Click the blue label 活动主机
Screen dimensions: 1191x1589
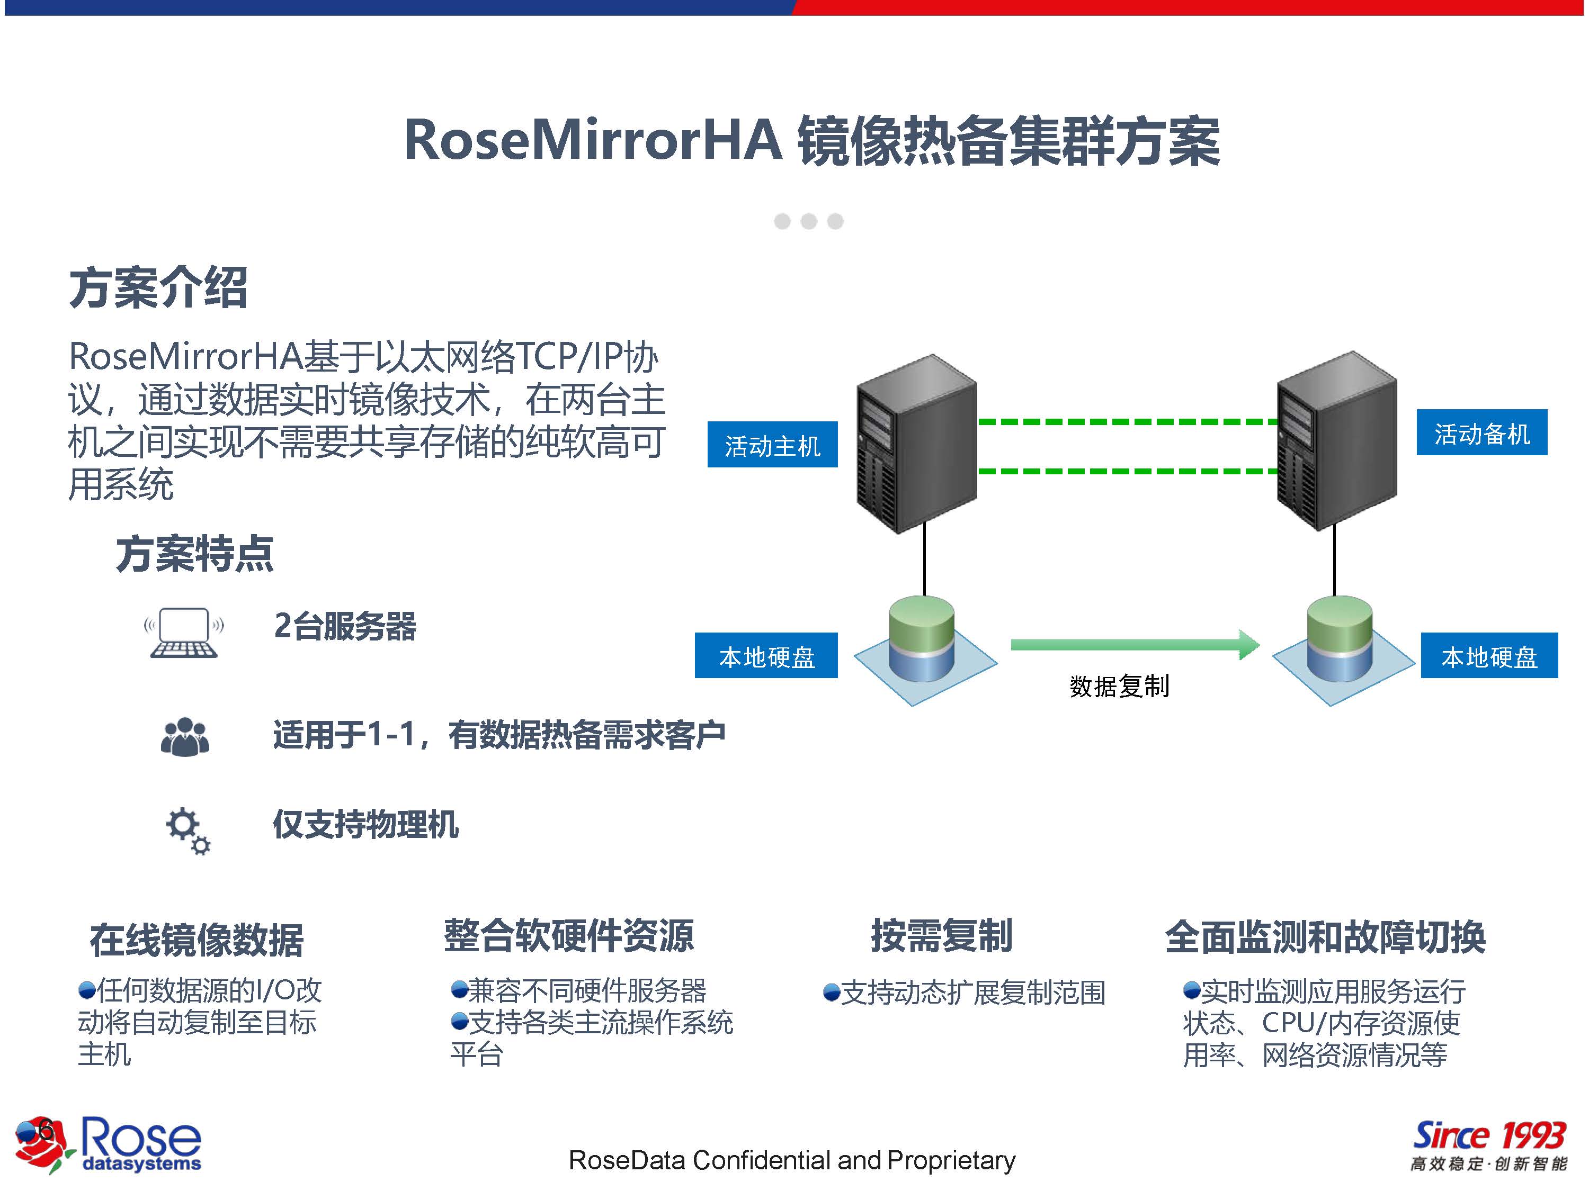(772, 445)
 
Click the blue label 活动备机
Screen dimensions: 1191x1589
(1481, 433)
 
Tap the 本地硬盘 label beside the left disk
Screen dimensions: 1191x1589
(766, 655)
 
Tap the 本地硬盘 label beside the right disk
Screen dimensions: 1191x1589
(1488, 655)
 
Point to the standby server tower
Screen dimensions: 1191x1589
(1336, 441)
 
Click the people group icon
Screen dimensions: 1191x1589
(185, 737)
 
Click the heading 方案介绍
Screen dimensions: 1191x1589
(158, 288)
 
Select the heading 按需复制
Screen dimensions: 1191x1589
(942, 935)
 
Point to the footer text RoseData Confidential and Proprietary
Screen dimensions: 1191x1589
(792, 1160)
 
